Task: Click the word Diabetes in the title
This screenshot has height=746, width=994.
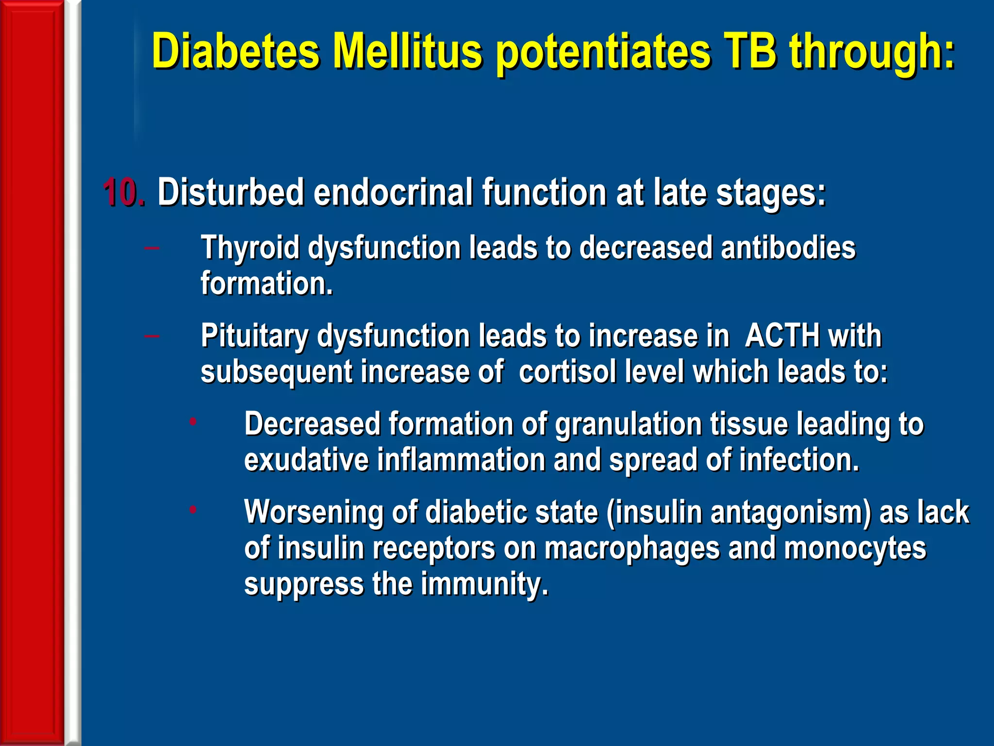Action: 236,51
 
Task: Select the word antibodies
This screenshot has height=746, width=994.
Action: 788,247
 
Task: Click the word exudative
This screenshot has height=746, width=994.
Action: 306,460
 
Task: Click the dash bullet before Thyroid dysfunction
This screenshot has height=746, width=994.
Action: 152,248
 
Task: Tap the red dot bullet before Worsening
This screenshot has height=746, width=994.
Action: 193,509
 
